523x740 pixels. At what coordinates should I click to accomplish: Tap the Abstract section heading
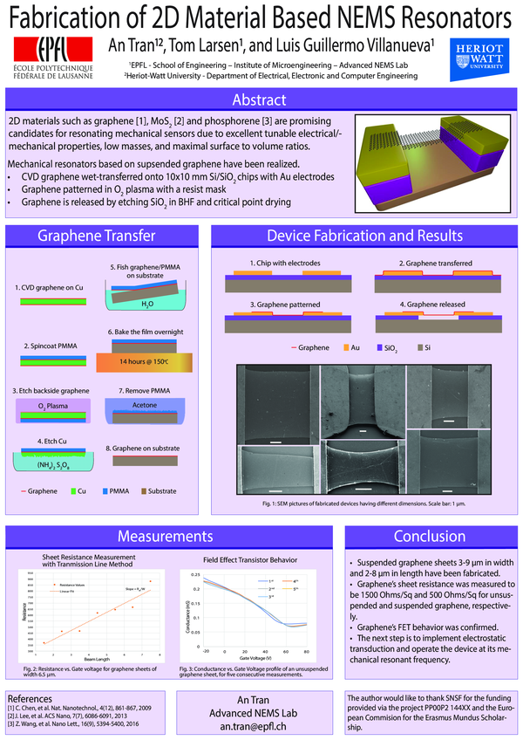point(261,99)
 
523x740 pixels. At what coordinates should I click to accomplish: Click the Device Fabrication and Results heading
point(364,236)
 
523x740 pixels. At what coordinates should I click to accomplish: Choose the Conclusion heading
point(429,535)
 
